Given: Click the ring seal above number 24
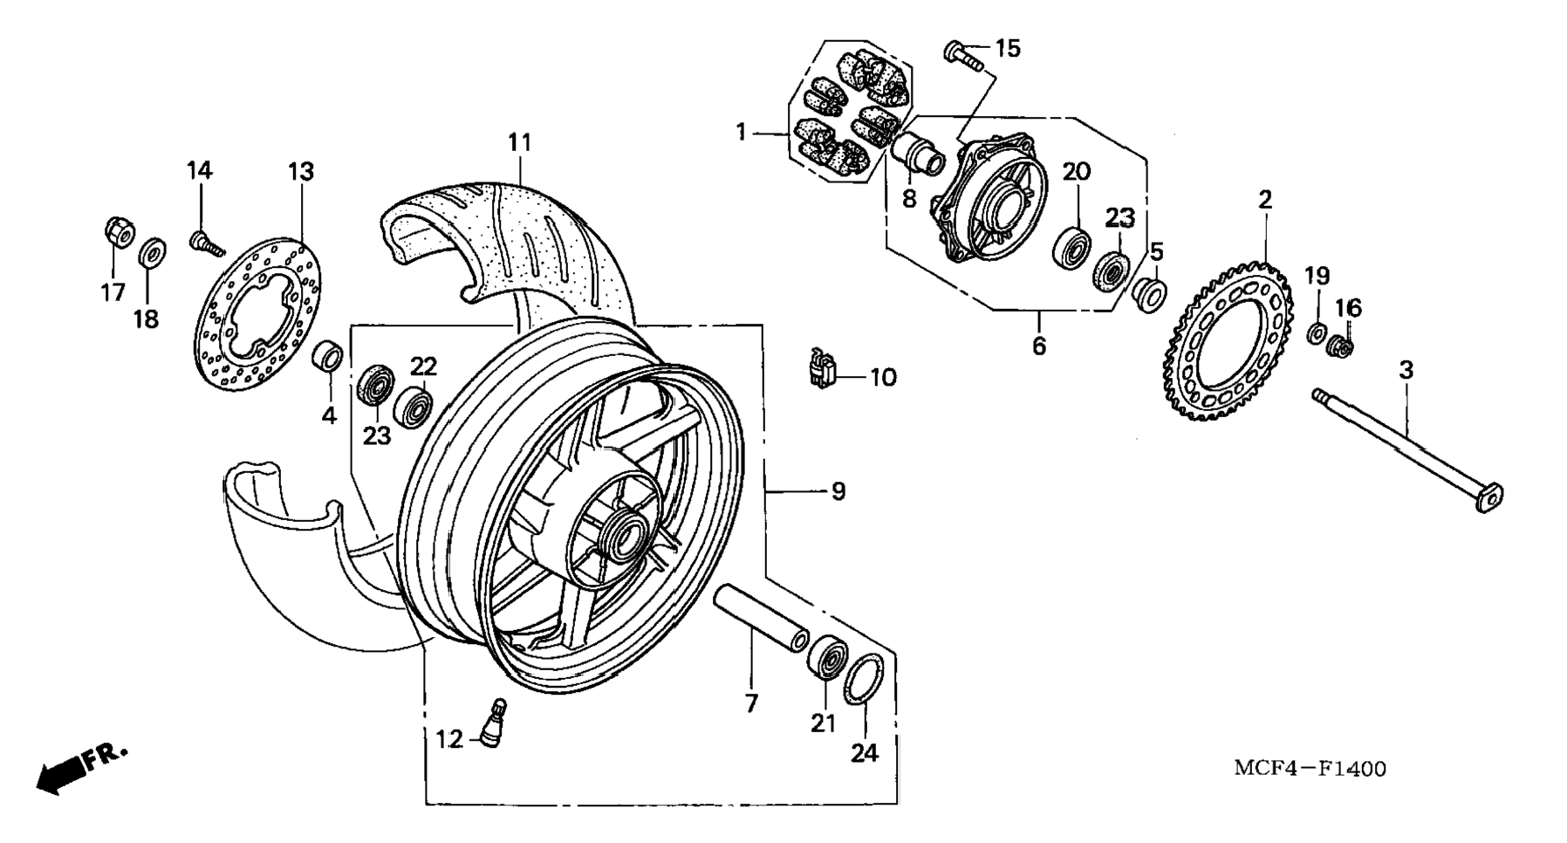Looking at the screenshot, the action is tap(864, 677).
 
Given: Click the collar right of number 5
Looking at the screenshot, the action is tap(1148, 295).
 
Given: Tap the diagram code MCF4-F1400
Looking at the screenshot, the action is tap(1310, 768).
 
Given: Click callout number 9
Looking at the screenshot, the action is tap(838, 491).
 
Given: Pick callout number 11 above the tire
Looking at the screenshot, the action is tap(520, 142).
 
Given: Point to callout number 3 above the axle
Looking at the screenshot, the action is tap(1406, 370).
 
